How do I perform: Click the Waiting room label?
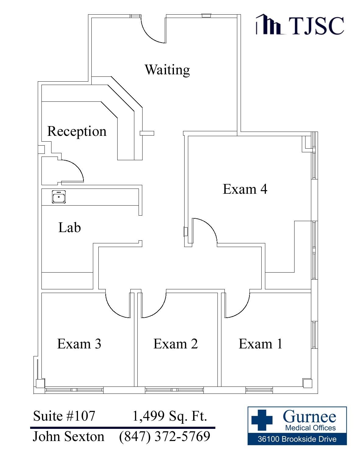[x=167, y=70]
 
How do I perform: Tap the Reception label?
[x=77, y=131]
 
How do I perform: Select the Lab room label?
[x=69, y=228]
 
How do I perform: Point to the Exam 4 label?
[x=245, y=189]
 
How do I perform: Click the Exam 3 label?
[x=79, y=344]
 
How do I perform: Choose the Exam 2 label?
[x=175, y=344]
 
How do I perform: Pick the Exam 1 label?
[x=260, y=344]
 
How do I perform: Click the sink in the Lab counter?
[x=58, y=197]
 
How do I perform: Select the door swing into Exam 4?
[x=204, y=230]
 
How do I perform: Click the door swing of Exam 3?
[x=118, y=305]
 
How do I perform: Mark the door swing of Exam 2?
[x=153, y=305]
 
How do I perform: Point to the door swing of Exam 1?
[x=237, y=305]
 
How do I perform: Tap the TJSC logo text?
[x=316, y=25]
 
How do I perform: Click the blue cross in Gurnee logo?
[x=262, y=420]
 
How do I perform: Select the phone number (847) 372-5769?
[x=164, y=436]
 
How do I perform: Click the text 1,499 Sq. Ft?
[x=170, y=416]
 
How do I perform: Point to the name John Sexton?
[x=68, y=436]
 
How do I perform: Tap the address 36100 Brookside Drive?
[x=297, y=439]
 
